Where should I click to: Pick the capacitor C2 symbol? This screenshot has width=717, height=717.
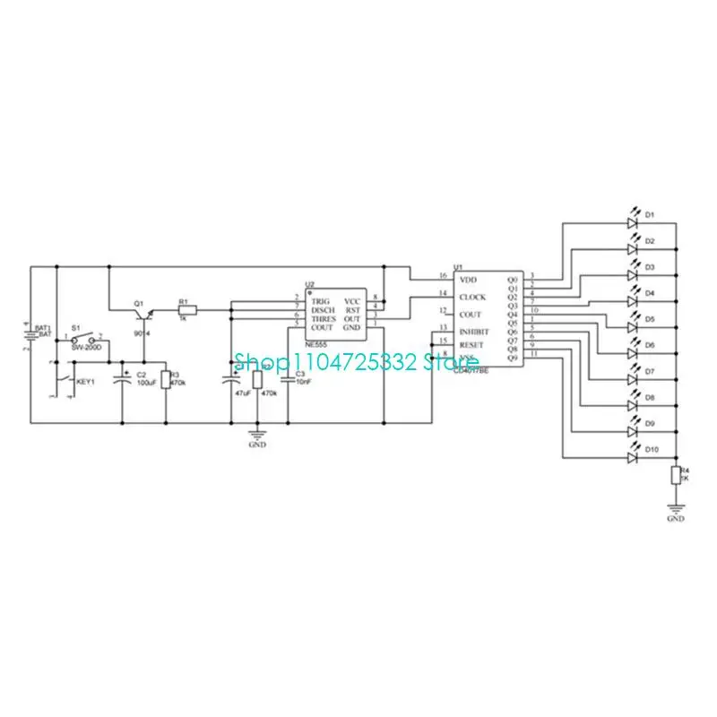tap(124, 381)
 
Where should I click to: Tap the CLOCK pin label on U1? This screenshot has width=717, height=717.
tap(471, 297)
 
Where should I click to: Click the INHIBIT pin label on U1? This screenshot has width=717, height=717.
tap(474, 331)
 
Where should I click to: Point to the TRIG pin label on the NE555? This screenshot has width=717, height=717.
tap(321, 301)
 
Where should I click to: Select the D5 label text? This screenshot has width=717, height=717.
tap(650, 319)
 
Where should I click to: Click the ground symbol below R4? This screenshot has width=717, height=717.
tap(676, 507)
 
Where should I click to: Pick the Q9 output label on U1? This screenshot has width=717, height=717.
tap(513, 358)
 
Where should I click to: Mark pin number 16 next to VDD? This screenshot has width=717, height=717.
tap(442, 276)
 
